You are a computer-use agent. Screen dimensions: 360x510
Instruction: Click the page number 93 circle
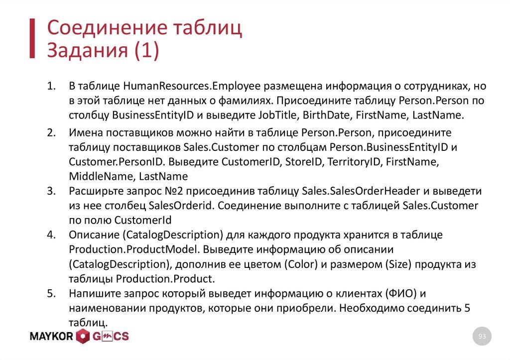click(x=482, y=337)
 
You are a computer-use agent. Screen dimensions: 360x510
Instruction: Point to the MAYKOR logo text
click(x=51, y=337)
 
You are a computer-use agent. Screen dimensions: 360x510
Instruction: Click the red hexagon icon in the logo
click(x=83, y=337)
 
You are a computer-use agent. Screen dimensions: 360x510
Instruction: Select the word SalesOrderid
click(x=178, y=206)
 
